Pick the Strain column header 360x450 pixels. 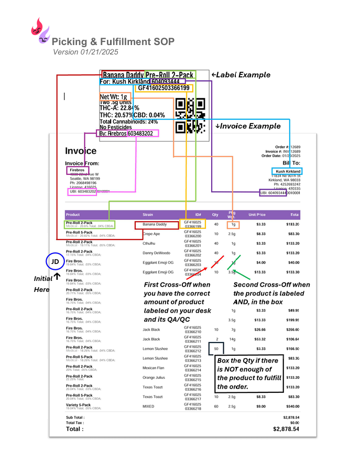[x=148, y=214]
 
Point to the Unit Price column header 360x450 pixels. [x=257, y=214]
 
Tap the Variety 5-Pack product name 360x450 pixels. [x=79, y=404]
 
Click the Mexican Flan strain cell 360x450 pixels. [x=154, y=368]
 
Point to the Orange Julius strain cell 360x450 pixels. [x=155, y=377]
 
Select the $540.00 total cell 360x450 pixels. [x=293, y=406]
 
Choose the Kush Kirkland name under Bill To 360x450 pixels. [x=287, y=171]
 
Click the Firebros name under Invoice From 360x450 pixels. [x=77, y=170]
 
